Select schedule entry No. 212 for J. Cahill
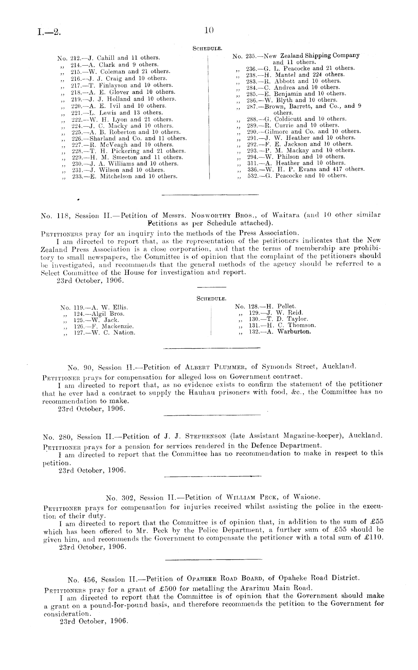[109, 58]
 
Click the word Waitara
[286, 215]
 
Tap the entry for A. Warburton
[280, 332]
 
